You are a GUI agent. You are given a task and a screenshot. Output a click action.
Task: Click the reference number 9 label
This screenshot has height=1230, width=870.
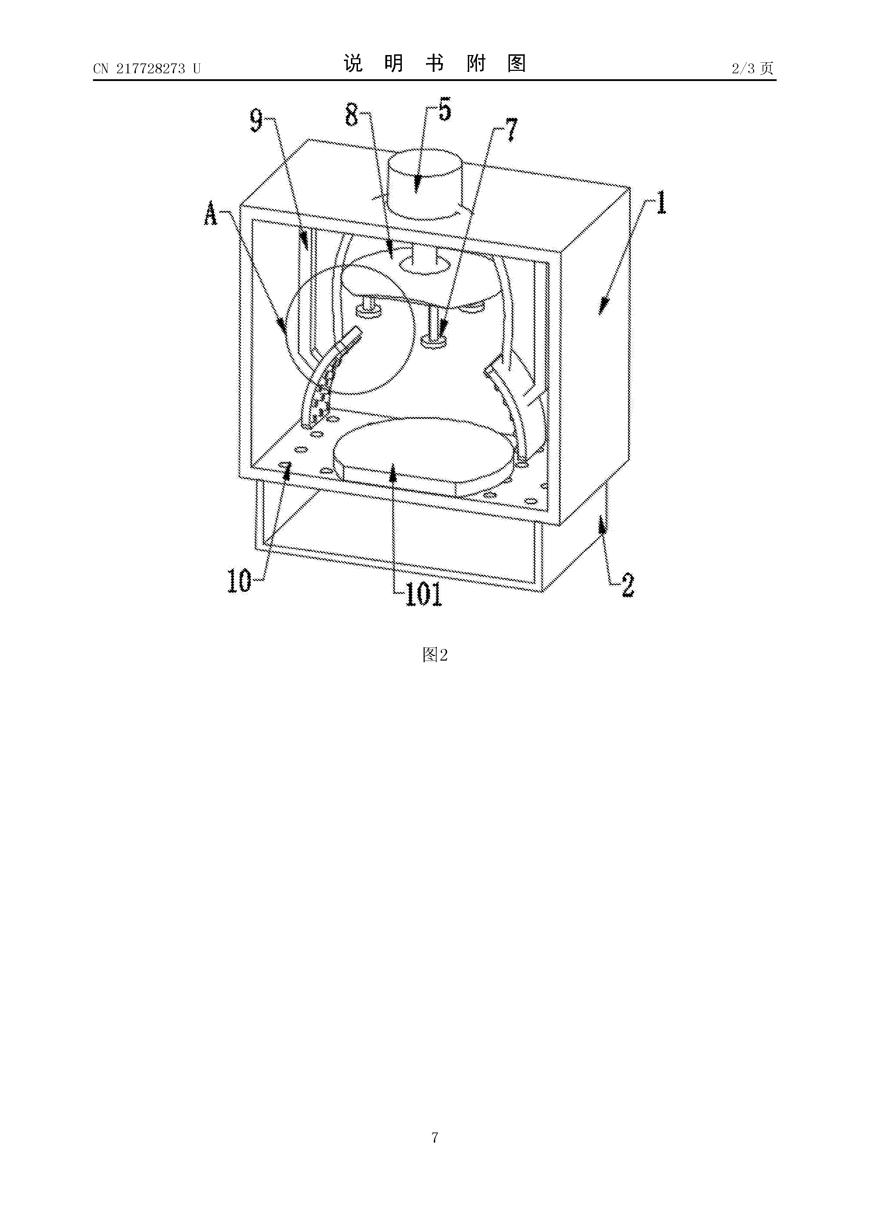[x=257, y=121]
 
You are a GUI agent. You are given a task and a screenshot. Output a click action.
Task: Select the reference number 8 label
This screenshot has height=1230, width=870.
[x=352, y=115]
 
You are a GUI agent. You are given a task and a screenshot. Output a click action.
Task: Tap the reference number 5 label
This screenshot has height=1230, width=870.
[x=444, y=109]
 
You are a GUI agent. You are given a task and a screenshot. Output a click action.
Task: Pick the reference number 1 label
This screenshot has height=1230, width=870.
[x=662, y=204]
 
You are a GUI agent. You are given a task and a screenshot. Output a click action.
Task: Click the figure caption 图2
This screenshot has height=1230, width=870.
[x=435, y=654]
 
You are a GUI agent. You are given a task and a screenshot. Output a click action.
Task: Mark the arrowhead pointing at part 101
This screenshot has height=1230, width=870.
[x=393, y=471]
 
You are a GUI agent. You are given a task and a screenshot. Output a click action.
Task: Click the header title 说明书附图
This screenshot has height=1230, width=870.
[x=435, y=64]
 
